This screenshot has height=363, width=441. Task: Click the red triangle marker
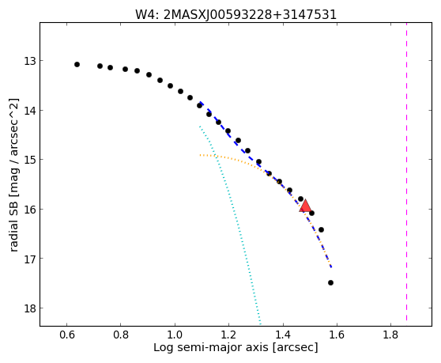point(305,206)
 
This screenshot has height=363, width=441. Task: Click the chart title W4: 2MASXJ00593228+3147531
point(236,15)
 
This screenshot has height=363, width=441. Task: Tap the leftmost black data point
point(77,64)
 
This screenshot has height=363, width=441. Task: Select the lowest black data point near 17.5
point(330,282)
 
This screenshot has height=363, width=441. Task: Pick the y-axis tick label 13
point(29,61)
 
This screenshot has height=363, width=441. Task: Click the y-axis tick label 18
point(29,308)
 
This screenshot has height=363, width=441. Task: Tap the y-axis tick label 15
point(29,160)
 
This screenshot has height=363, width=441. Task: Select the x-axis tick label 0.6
point(66,335)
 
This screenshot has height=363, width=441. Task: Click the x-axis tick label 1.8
point(390,335)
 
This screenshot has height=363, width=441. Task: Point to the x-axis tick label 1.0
point(175,335)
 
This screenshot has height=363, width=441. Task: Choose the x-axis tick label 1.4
point(283,335)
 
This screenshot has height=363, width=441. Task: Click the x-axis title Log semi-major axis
point(211,348)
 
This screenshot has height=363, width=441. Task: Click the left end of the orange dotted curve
point(200,155)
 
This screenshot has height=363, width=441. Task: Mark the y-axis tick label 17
point(29,259)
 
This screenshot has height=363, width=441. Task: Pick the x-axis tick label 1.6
point(337,335)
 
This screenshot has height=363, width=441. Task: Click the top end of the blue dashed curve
point(200,102)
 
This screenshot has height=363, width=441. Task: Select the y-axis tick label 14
point(29,110)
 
